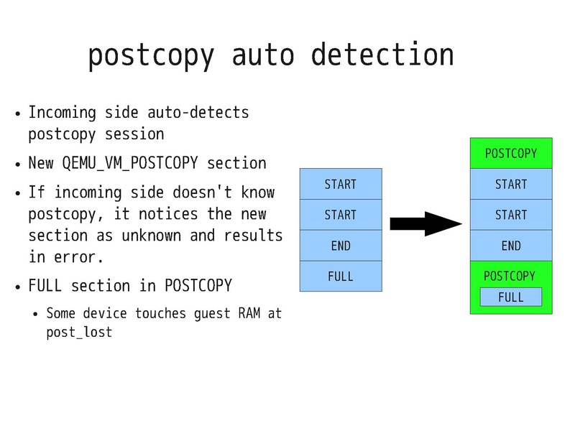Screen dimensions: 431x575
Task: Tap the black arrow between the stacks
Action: pos(425,224)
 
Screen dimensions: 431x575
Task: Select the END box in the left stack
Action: pos(341,246)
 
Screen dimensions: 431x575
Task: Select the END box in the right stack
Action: pos(511,246)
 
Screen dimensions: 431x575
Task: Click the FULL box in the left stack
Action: pos(341,276)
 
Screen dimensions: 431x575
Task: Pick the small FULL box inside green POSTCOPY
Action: pos(511,297)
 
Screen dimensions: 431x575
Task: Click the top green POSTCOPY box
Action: pos(511,154)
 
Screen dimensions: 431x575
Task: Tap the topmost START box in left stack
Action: pos(341,184)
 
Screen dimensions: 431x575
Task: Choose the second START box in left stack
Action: pos(341,215)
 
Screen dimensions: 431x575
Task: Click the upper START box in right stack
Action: pos(511,185)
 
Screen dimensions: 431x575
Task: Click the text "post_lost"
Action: pos(79,333)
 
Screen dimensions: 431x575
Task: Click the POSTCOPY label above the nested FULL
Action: pos(510,276)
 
